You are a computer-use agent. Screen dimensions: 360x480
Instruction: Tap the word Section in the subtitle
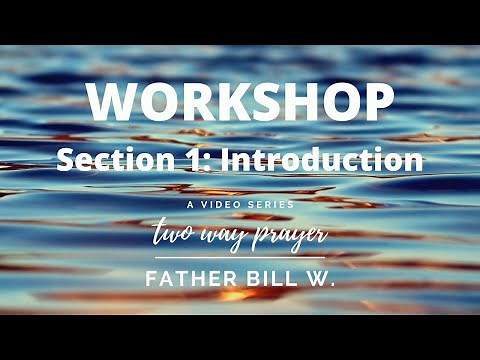point(102,159)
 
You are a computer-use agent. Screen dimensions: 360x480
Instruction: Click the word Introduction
point(306,159)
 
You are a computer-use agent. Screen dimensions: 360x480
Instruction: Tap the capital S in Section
point(66,159)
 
